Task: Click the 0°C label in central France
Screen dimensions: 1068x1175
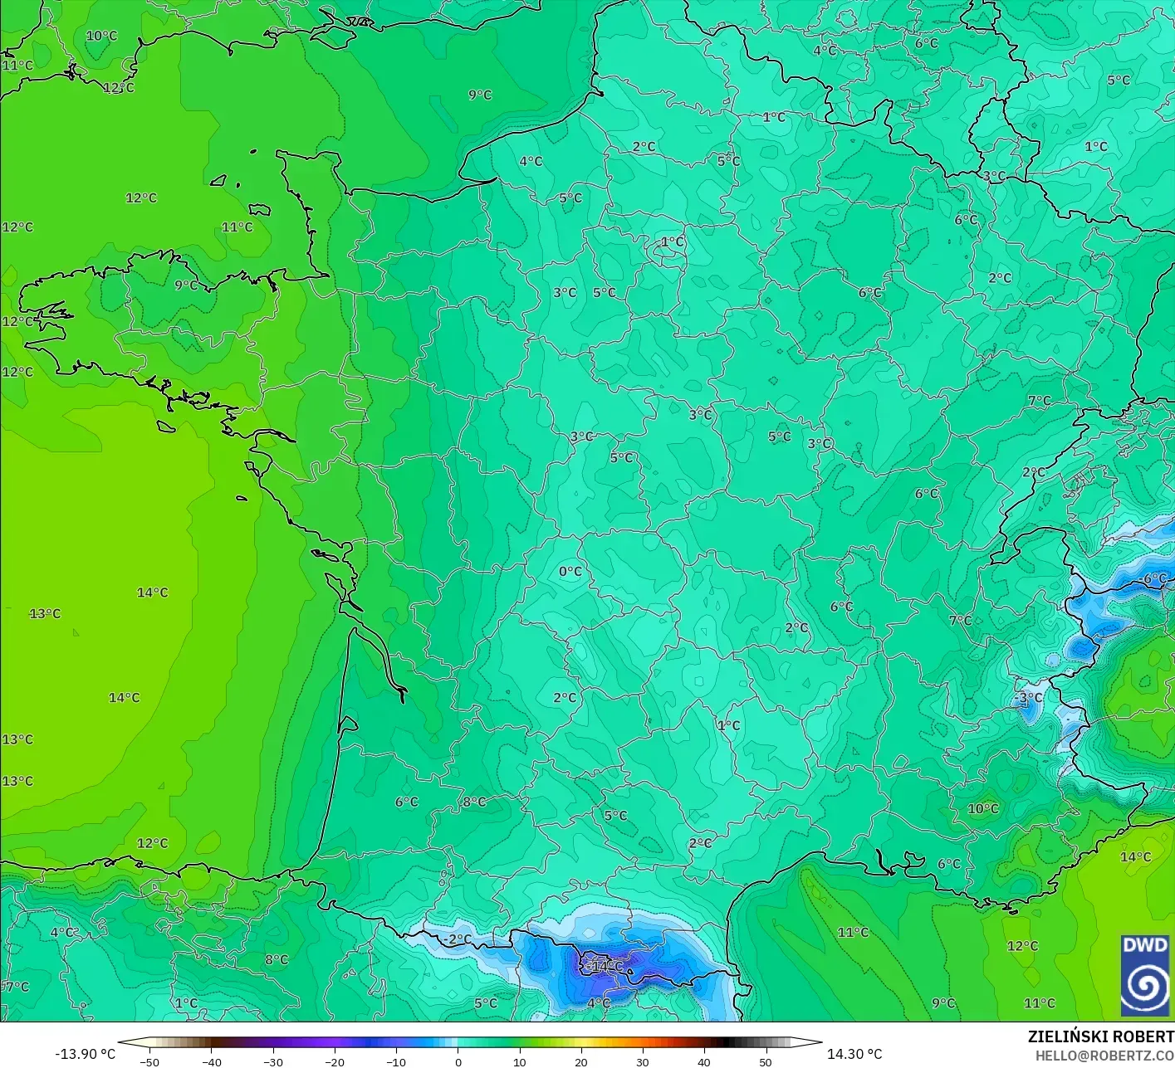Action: (570, 572)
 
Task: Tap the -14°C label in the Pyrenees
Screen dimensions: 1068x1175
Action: (605, 966)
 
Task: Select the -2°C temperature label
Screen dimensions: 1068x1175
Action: (457, 939)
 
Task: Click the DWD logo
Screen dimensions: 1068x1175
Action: (1145, 976)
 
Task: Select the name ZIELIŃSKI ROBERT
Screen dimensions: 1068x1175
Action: (1100, 1036)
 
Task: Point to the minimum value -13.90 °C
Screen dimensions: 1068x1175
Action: (85, 1054)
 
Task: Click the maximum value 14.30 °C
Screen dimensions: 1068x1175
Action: (854, 1054)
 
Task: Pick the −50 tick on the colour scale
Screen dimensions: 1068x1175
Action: (149, 1061)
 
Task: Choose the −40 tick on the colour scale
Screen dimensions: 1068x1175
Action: (212, 1061)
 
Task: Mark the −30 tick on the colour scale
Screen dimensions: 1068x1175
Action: (273, 1061)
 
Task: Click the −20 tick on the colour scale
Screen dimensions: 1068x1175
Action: (335, 1061)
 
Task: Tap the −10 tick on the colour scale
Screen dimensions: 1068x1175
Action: (396, 1061)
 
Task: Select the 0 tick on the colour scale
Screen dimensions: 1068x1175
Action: (458, 1061)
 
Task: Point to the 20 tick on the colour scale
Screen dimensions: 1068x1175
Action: (580, 1061)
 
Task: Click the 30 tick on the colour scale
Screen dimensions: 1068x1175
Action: (642, 1061)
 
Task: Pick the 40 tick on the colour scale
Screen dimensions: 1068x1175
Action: (703, 1061)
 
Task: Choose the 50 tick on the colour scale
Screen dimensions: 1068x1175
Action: (765, 1061)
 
